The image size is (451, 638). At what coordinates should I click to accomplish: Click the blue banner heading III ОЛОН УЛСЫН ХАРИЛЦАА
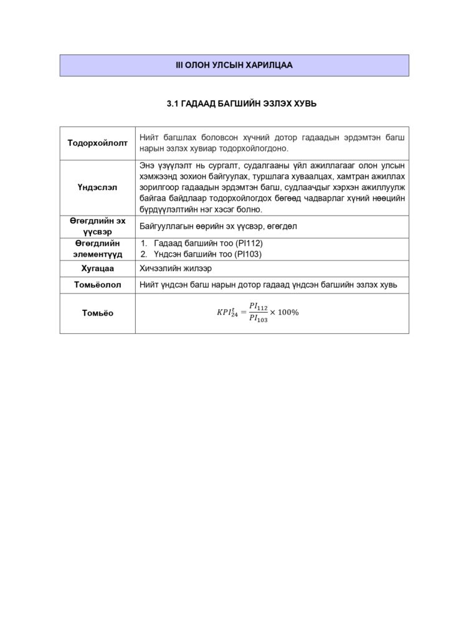pyautogui.click(x=234, y=65)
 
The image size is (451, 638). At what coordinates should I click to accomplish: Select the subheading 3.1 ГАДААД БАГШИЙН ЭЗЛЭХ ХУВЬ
pyautogui.click(x=234, y=104)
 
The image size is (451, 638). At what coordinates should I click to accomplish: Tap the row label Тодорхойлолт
pyautogui.click(x=97, y=143)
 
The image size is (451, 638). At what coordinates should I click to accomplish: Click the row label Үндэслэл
pyautogui.click(x=97, y=186)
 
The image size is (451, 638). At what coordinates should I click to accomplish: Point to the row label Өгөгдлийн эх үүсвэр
pyautogui.click(x=97, y=226)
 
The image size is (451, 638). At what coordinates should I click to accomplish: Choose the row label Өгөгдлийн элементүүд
pyautogui.click(x=97, y=248)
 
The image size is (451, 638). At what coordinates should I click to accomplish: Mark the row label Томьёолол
pyautogui.click(x=97, y=285)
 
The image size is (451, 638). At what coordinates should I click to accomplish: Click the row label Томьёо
pyautogui.click(x=97, y=313)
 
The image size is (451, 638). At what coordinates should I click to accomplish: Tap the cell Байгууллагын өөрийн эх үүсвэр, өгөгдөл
pyautogui.click(x=218, y=226)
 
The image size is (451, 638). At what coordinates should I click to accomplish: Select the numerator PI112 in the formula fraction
pyautogui.click(x=258, y=306)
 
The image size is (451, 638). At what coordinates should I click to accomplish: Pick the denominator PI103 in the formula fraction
pyautogui.click(x=258, y=319)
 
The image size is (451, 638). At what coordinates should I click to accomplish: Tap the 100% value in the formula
pyautogui.click(x=288, y=312)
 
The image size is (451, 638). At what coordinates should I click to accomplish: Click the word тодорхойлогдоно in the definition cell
pyautogui.click(x=252, y=149)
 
